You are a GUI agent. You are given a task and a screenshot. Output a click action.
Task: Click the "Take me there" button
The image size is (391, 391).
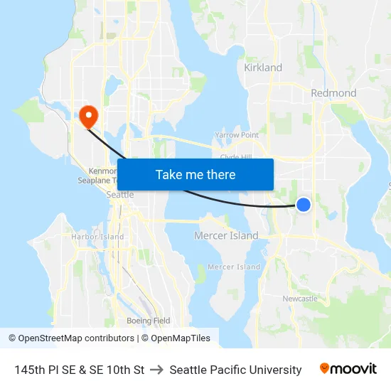click(195, 174)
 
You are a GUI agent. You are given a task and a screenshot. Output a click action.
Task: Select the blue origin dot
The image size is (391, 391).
click(304, 205)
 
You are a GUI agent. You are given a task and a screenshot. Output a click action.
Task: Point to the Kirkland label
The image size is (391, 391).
click(263, 68)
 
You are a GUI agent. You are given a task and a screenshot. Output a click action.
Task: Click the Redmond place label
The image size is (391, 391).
click(333, 93)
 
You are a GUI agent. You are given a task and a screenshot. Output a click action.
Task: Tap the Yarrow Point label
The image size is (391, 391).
click(237, 135)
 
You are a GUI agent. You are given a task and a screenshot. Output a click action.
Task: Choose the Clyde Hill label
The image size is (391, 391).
click(236, 156)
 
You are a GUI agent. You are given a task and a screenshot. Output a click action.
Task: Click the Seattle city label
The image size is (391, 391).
click(119, 194)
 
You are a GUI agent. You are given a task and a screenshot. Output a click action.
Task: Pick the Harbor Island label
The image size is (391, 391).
click(97, 237)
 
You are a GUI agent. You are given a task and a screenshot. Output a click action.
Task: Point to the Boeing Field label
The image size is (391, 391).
click(148, 321)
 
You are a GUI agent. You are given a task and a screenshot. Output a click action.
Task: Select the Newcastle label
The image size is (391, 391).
click(300, 299)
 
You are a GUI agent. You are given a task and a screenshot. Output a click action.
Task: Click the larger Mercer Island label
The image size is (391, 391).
click(226, 235)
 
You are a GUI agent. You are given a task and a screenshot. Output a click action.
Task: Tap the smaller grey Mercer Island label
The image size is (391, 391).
click(234, 267)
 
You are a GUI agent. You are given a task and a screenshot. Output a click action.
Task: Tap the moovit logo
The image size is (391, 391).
click(348, 368)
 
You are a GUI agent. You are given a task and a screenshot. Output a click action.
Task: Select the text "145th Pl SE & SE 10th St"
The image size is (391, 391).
click(80, 370)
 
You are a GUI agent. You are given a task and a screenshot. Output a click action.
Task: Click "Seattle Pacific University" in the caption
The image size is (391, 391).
click(235, 370)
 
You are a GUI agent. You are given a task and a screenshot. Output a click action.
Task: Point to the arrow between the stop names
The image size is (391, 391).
click(157, 370)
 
